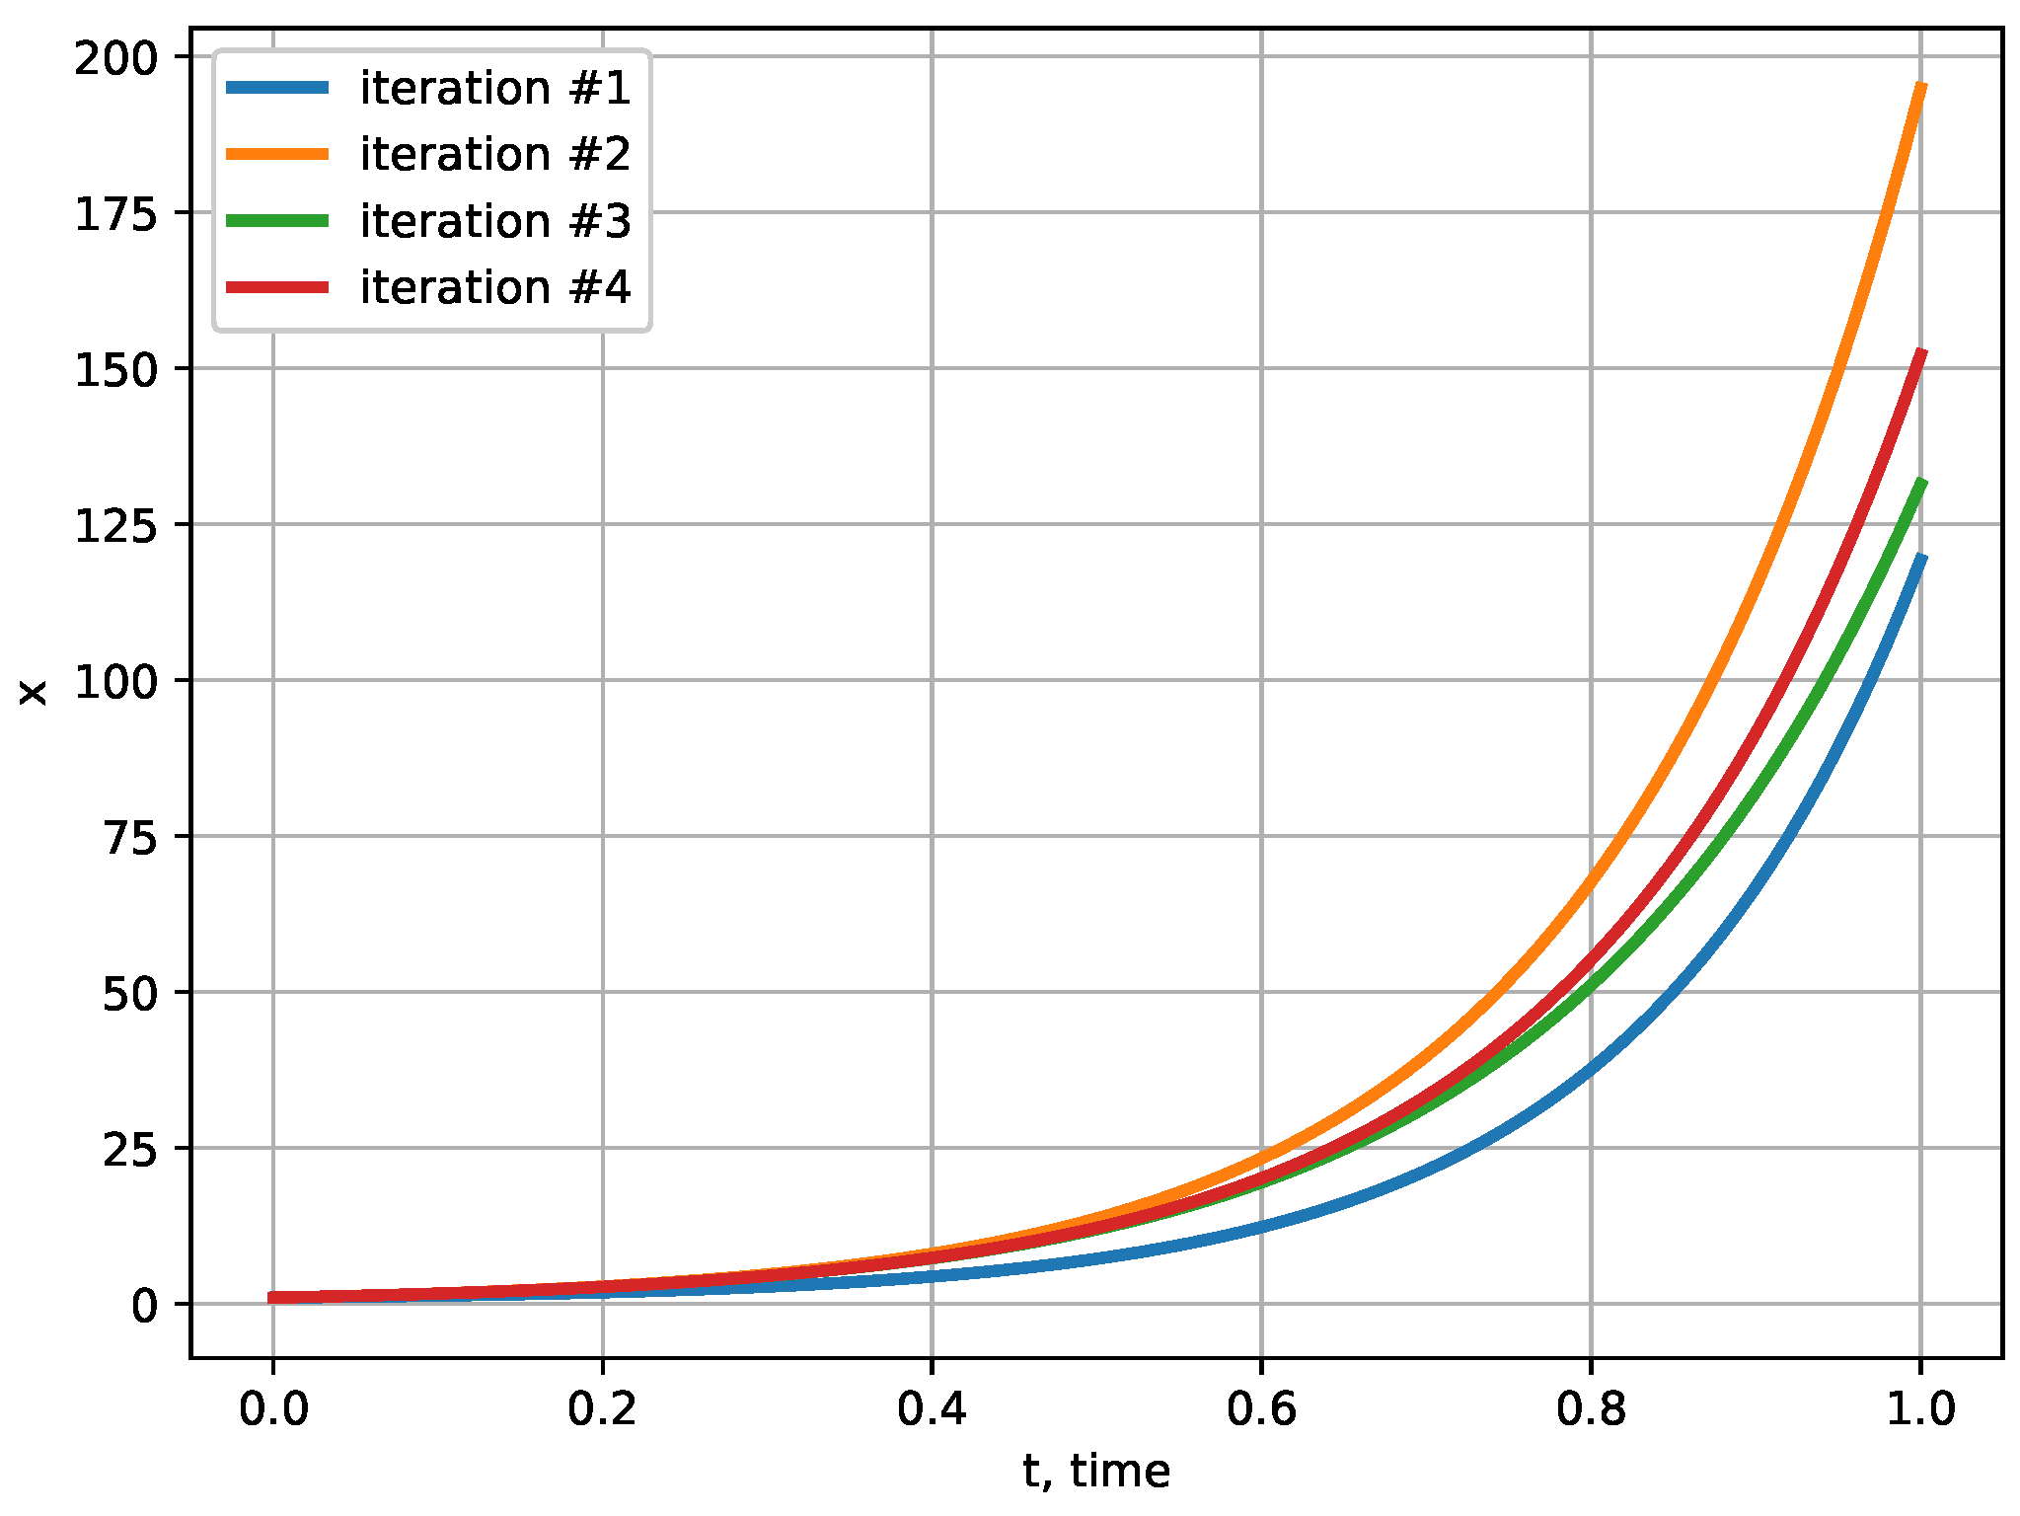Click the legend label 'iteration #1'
point(494,89)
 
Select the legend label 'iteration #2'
point(494,155)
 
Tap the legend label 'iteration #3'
point(494,221)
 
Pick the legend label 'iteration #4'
point(494,287)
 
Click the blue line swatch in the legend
point(277,88)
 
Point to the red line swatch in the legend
point(277,287)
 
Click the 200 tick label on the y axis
point(116,58)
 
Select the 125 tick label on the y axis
point(116,526)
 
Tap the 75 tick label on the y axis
point(130,838)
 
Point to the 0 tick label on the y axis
point(144,1306)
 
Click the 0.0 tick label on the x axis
point(273,1408)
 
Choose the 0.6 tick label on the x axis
point(1261,1408)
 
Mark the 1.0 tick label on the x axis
point(1920,1408)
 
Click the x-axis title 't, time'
point(1096,1472)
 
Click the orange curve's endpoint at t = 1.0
point(1920,86)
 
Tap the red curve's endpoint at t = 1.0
point(1920,352)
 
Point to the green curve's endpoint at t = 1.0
point(1920,482)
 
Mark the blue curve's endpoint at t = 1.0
point(1920,558)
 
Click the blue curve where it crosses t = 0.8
point(1591,1069)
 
